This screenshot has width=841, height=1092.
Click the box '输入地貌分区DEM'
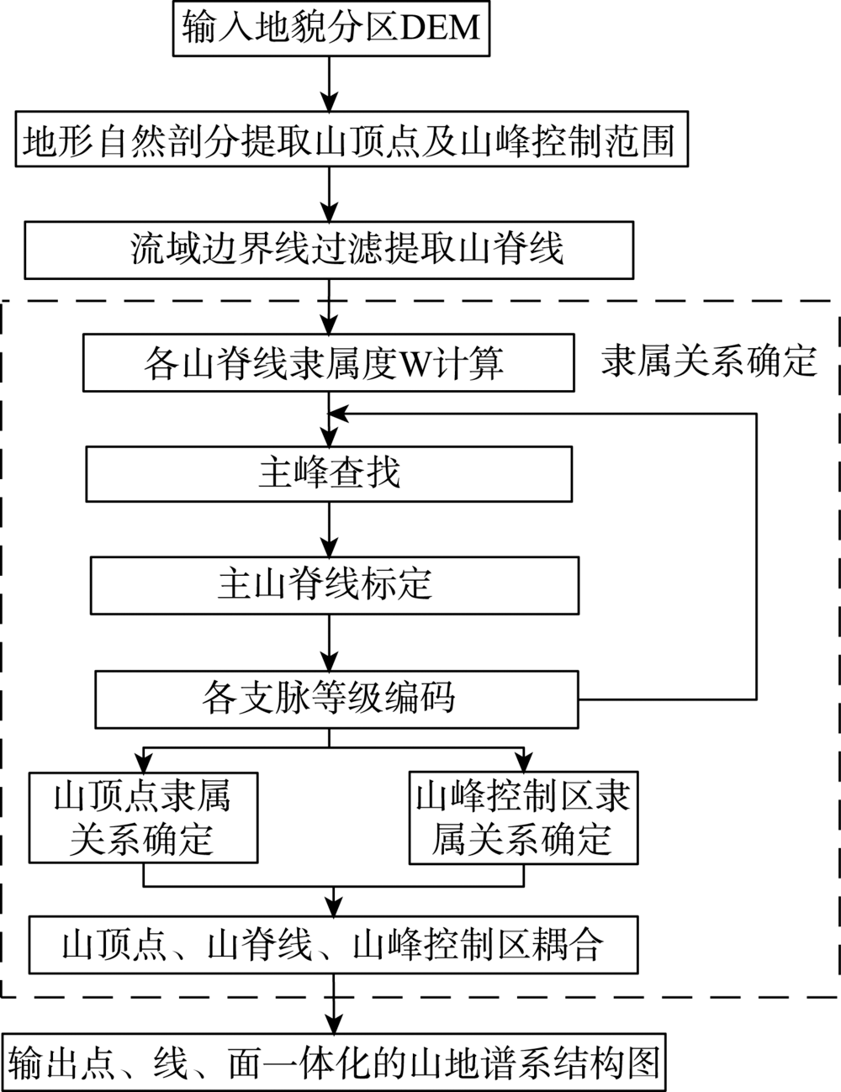pyautogui.click(x=331, y=29)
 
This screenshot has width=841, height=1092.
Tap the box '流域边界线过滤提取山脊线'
pyautogui.click(x=329, y=250)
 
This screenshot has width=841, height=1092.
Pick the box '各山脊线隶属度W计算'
pyautogui.click(x=329, y=364)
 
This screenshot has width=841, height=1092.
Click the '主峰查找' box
pyautogui.click(x=329, y=474)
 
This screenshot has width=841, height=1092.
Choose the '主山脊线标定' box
pyautogui.click(x=335, y=583)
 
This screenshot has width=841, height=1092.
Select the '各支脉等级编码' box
pyautogui.click(x=337, y=699)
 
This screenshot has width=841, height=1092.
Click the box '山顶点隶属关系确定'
pyautogui.click(x=143, y=816)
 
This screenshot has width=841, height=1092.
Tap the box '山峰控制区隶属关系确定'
pyautogui.click(x=523, y=816)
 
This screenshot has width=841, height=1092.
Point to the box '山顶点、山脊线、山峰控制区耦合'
pyautogui.click(x=333, y=945)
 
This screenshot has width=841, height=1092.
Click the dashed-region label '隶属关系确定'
pyautogui.click(x=709, y=361)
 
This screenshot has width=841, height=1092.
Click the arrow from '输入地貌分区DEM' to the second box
pyautogui.click(x=329, y=85)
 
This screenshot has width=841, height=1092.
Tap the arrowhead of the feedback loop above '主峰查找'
pyautogui.click(x=337, y=414)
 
